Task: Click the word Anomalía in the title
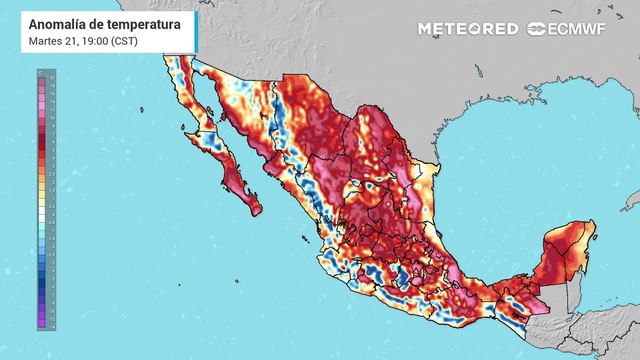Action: pos(60,24)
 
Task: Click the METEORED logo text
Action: pos(468,28)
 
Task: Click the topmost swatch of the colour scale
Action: pos(41,75)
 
